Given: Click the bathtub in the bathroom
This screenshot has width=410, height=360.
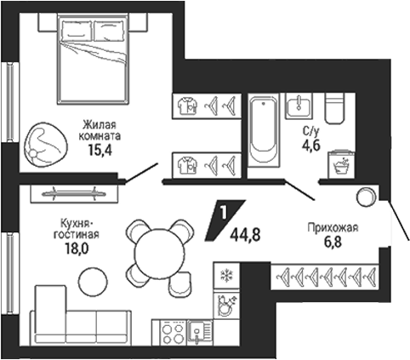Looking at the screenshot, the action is point(263,130).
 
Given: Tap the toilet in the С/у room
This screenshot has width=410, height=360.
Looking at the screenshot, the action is point(335,108).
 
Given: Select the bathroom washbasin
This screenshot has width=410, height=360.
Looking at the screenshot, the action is point(299,106).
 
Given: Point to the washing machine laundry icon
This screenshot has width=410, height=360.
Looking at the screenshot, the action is point(341,165).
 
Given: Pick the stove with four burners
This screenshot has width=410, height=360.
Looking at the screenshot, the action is point(174,332).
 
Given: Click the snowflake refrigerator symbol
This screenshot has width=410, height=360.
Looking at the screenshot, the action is point(227,275).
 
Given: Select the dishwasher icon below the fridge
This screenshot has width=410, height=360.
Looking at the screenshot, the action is point(226,306).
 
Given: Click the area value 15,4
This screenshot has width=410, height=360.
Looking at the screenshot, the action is point(100,151).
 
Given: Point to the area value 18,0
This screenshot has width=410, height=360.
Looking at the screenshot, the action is point(77,249).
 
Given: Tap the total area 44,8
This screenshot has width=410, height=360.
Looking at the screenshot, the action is point(245,235).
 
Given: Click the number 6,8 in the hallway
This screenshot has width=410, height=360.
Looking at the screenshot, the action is point(333,243).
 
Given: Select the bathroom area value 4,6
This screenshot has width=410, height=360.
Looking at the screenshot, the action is point(311,146).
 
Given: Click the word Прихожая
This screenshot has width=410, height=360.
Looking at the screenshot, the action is point(333,227).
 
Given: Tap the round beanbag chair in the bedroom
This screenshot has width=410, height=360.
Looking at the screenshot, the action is point(46,145).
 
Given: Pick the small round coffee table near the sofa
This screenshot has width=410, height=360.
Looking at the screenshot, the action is point(93,281).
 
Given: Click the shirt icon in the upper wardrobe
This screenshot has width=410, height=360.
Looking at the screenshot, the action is point(187,106).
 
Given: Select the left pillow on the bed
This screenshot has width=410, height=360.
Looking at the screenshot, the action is point(77,31).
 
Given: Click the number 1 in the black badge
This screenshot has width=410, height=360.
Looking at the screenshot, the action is point(224,214).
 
